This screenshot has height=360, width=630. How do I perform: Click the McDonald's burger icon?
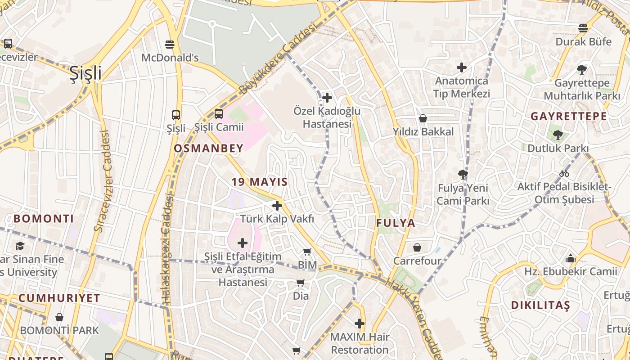(x=170, y=44)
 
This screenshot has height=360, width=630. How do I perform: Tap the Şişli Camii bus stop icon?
(x=218, y=114)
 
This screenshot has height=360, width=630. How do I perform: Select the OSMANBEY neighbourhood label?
(x=208, y=148)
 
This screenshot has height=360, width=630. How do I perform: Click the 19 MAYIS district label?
(x=260, y=182)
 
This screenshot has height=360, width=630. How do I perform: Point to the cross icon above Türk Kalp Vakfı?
(x=277, y=206)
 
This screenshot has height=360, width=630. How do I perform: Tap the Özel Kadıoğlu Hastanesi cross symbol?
(x=327, y=97)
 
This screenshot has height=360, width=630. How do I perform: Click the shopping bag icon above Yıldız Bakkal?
(x=423, y=118)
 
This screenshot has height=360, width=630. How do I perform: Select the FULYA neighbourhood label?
(x=396, y=223)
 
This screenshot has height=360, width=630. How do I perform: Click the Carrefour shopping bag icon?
(x=417, y=247)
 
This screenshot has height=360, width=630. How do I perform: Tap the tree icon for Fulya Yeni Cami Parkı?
(x=463, y=174)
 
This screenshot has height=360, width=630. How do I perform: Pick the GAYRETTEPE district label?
(x=569, y=116)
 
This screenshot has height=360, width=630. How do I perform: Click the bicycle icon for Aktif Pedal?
(x=564, y=173)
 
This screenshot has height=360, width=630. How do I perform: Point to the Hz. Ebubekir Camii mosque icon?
(x=571, y=258)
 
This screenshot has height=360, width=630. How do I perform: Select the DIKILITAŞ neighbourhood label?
(x=540, y=305)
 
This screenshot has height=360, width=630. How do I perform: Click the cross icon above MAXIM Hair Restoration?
(x=359, y=324)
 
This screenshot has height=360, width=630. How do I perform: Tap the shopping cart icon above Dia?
(x=301, y=283)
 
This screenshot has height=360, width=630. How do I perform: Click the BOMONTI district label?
(x=44, y=219)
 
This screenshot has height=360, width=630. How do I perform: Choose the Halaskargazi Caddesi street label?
(x=167, y=247)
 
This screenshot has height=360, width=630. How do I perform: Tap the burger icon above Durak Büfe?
(x=583, y=28)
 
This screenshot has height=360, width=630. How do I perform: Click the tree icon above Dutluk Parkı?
(x=558, y=135)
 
